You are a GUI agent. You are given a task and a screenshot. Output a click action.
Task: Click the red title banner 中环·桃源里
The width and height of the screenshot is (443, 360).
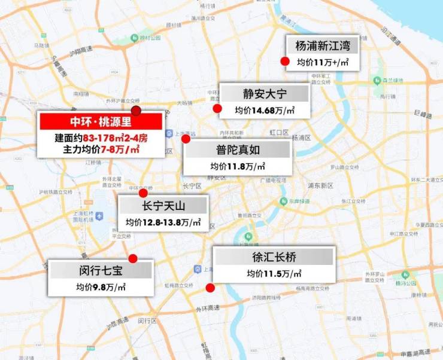pyautogui.click(x=100, y=121)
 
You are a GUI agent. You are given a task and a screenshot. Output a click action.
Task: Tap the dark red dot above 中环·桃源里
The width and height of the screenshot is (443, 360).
pyautogui.click(x=136, y=110)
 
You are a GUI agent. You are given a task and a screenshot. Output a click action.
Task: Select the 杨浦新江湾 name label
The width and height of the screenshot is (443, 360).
pyautogui.click(x=323, y=45)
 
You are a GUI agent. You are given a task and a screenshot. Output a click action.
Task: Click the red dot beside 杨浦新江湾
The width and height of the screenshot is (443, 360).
pyautogui.click(x=286, y=61)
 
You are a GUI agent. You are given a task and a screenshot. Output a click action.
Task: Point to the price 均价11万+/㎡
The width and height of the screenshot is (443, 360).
pyautogui.click(x=323, y=62)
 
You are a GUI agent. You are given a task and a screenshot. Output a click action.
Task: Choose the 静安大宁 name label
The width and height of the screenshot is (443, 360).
pyautogui.click(x=265, y=94)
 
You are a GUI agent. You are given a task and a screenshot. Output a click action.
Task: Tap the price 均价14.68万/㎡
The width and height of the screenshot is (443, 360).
pyautogui.click(x=265, y=111)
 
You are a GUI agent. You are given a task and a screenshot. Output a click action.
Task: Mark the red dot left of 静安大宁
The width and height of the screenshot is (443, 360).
pyautogui.click(x=217, y=108)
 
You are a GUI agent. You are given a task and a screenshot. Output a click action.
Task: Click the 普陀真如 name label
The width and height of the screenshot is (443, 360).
pyautogui.click(x=238, y=150)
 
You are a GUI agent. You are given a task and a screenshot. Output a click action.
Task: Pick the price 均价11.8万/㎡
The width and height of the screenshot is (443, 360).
pyautogui.click(x=238, y=166)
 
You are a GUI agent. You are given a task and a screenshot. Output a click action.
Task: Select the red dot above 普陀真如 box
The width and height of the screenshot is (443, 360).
pyautogui.click(x=186, y=139)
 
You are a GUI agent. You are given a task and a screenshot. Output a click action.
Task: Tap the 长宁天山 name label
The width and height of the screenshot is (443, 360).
pyautogui.click(x=163, y=206)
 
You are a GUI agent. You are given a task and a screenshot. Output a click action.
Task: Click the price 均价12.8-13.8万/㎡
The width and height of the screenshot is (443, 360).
pyautogui.click(x=163, y=223)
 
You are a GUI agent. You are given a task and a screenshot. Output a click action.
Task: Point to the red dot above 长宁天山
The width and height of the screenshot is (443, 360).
pyautogui.click(x=143, y=193)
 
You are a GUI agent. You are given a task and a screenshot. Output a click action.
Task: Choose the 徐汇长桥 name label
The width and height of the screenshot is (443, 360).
pyautogui.click(x=274, y=257)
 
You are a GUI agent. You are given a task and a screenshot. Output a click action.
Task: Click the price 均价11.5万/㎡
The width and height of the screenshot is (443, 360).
pyautogui.click(x=274, y=273)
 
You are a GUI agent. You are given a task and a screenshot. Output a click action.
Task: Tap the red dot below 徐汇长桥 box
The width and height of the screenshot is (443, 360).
pyautogui.click(x=210, y=288)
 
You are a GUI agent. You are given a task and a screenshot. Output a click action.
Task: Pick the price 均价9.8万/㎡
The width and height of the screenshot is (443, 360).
pyautogui.click(x=101, y=287)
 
